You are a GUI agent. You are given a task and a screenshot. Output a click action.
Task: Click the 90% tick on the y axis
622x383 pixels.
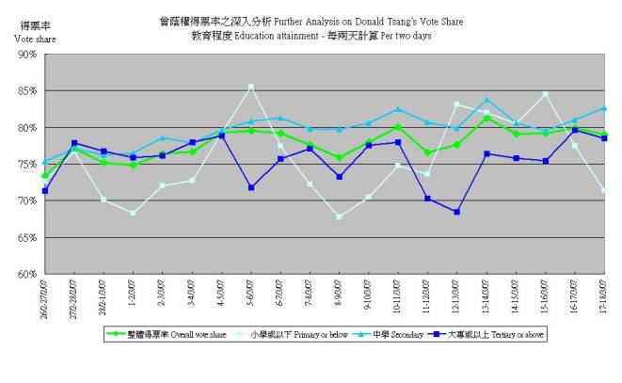26,55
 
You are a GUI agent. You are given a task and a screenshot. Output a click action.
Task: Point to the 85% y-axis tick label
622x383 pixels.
26,91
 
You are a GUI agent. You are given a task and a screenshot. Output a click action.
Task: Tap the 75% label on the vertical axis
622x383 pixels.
26,165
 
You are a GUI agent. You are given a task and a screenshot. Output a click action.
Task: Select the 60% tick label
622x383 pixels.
26,275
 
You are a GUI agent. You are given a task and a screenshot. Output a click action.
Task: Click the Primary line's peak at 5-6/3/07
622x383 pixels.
250,87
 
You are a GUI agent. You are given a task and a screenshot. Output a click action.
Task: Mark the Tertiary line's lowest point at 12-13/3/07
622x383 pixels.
456,212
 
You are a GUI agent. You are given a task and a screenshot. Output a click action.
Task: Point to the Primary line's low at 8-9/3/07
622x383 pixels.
339,216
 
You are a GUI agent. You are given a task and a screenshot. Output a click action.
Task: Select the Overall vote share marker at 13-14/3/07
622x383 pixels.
486,118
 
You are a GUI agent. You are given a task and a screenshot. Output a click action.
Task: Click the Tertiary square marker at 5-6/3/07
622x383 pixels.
250,187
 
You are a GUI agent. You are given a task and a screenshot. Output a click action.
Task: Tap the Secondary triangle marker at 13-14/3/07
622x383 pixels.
486,100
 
